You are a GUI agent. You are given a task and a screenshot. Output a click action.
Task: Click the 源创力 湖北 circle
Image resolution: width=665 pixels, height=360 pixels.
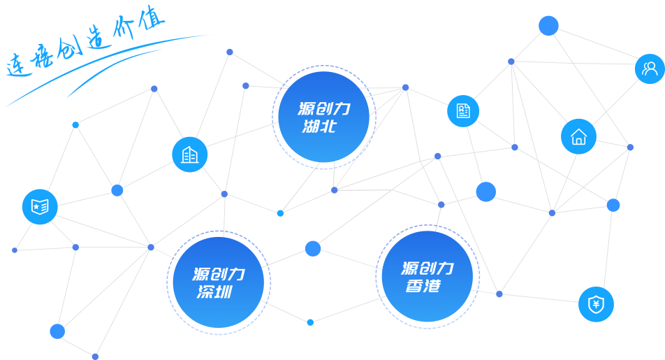(323, 117)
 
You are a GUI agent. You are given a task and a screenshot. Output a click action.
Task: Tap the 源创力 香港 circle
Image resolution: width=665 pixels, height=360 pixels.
(427, 276)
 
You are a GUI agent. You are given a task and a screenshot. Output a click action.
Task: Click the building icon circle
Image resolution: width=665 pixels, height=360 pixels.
(189, 154)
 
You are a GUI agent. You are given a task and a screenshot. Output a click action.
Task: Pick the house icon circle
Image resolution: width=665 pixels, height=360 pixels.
(578, 136)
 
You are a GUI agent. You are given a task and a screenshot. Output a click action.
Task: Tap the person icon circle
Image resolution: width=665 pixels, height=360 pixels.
(650, 69)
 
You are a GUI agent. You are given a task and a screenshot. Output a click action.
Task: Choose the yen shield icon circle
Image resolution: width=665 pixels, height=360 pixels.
(596, 304)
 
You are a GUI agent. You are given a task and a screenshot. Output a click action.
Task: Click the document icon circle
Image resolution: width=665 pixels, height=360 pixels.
(463, 110)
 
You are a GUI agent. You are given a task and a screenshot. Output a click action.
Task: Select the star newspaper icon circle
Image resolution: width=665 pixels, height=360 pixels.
(39, 206)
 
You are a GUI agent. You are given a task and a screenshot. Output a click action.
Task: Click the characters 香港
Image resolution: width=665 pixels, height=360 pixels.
(423, 285)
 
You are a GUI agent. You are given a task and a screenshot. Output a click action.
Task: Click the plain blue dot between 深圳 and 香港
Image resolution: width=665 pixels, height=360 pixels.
(313, 248)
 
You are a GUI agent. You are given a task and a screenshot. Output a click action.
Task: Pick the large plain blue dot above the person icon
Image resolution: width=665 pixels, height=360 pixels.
(548, 26)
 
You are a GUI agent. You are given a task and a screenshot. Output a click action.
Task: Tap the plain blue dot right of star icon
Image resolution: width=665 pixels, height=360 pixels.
(117, 190)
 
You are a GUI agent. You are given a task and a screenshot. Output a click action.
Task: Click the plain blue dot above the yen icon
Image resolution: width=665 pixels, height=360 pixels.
(613, 205)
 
